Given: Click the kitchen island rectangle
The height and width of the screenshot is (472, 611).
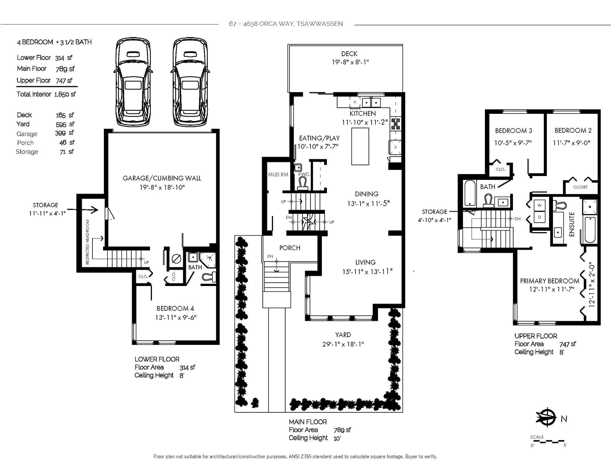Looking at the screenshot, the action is tap(360, 147).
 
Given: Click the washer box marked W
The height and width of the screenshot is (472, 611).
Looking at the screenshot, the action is tap(539, 205).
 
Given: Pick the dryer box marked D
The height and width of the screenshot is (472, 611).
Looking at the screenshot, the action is tap(539, 217).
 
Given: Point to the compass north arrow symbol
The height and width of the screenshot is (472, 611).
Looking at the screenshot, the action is tap(546, 417).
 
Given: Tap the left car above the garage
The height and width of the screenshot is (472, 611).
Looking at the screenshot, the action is tap(133, 82).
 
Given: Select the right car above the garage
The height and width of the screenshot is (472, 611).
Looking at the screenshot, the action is tap(190, 82).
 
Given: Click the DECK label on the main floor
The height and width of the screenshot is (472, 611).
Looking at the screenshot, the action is tap(349, 54).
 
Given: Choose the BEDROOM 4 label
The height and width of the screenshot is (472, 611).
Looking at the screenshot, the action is tap(175, 309).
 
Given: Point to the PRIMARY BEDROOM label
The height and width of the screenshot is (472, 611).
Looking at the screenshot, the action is tap(550, 281).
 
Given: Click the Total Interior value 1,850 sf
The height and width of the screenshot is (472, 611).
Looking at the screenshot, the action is tap(65, 94).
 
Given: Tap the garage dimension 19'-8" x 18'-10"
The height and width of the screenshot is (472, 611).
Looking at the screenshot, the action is tap(162, 187).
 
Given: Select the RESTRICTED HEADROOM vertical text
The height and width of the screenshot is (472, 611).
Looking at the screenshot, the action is tap(87, 242).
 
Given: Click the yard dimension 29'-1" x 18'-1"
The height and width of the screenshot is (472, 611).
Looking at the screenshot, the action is tap(343, 344).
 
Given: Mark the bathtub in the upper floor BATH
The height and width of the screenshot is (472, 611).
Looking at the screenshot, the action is tap(470, 193).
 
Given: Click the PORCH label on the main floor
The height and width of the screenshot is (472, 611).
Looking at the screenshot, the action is tap(289, 248).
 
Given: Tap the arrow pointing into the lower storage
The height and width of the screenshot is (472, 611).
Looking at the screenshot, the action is tap(82, 210).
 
